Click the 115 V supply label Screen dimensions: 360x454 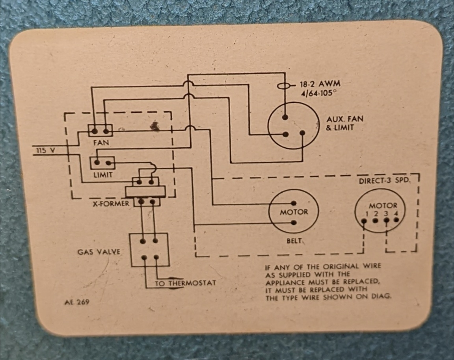45,150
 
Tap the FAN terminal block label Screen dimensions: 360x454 101,143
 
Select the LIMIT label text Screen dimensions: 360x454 103,174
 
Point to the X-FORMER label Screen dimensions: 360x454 111,204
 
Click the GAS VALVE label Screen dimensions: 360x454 99,251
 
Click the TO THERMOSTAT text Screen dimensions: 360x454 185,283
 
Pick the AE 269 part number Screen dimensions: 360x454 76,302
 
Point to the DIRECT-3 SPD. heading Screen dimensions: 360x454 385,182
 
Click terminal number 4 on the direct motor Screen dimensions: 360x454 396,213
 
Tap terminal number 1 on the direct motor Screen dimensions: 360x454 366,213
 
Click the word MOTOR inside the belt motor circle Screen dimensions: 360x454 294,212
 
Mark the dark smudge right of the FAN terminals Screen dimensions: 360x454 154,126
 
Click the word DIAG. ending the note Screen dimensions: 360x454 382,297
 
